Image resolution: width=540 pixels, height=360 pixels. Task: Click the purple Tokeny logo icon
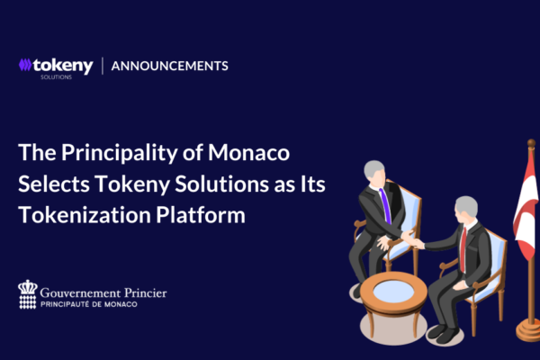(25, 65)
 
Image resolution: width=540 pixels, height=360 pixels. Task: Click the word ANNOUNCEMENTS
(169, 66)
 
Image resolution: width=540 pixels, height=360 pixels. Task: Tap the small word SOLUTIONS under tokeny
(56, 77)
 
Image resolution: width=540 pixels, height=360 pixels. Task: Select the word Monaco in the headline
(248, 152)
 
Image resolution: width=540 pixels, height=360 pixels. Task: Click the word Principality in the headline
(120, 153)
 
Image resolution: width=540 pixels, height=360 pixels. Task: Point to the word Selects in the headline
(54, 184)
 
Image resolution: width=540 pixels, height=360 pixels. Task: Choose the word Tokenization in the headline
(85, 215)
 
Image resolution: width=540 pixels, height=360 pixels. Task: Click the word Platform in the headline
(201, 215)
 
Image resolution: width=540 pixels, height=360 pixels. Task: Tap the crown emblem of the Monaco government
(28, 294)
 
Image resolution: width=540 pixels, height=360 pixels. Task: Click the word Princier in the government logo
(146, 292)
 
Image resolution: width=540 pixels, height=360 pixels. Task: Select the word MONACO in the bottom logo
(121, 304)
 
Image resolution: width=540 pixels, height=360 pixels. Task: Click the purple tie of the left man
(385, 206)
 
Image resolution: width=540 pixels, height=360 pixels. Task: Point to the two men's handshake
(413, 239)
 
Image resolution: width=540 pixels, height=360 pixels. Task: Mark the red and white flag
(526, 208)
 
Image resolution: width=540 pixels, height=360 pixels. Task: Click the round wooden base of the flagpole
(528, 329)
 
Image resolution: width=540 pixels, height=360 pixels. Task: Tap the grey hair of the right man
(467, 206)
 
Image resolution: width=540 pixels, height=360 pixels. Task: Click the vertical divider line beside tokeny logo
(103, 66)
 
